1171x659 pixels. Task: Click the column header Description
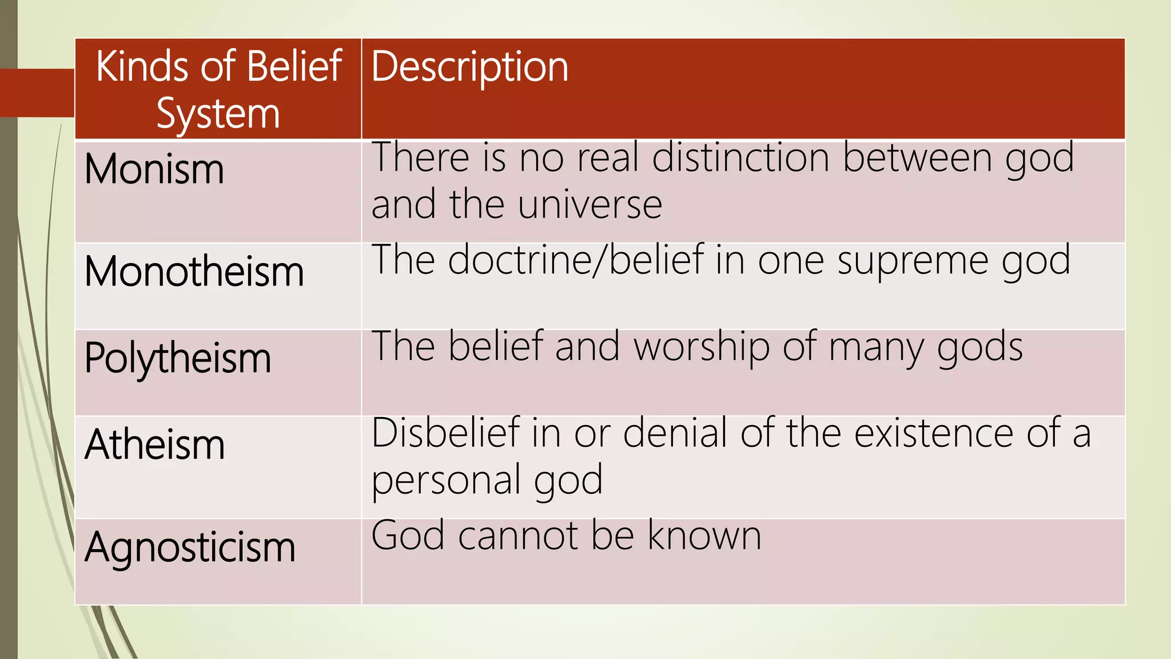coord(469,68)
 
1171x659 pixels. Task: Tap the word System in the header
coord(218,114)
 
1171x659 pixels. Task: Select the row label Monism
coord(154,169)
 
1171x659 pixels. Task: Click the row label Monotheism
coord(194,271)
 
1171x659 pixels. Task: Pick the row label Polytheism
coord(177,359)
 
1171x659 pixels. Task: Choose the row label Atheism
coord(154,444)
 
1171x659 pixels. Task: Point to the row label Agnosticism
coord(190,547)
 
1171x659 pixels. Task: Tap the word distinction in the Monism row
coord(740,157)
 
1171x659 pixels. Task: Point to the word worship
coord(702,347)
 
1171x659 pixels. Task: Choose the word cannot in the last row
coord(517,537)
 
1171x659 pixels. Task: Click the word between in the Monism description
coord(917,157)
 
